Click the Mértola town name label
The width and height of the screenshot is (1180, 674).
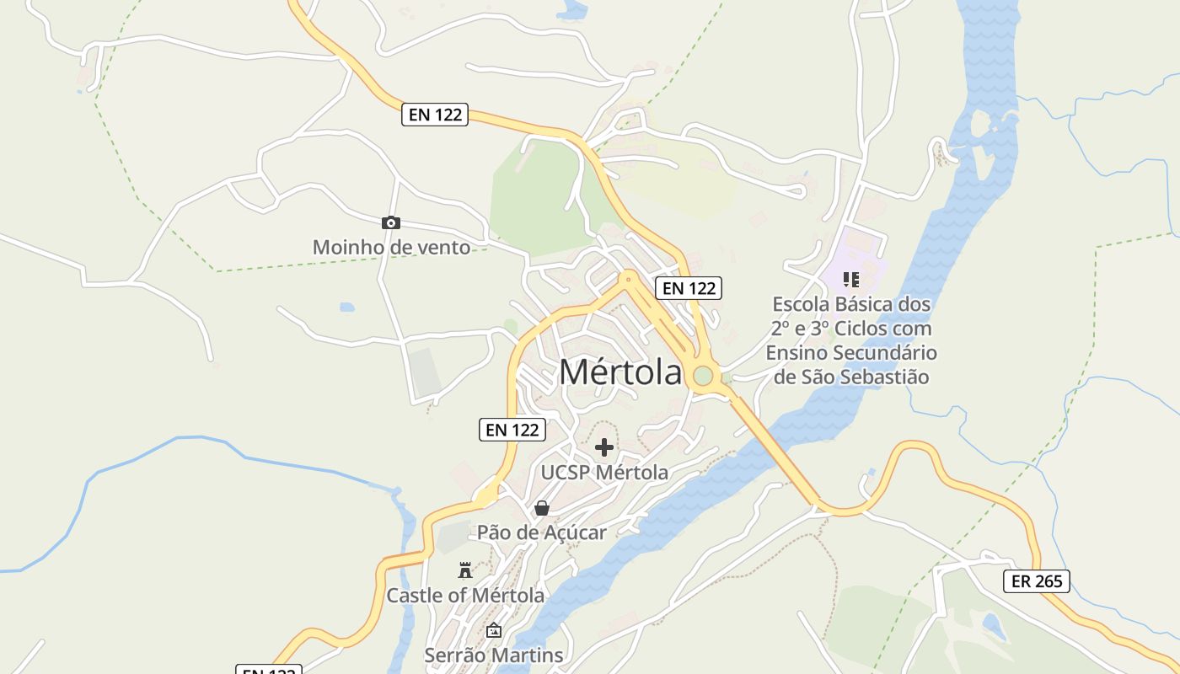point(619,372)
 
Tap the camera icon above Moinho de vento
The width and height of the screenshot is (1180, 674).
point(390,223)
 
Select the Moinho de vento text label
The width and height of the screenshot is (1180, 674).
point(391,248)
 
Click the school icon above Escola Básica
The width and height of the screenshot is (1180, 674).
point(851,279)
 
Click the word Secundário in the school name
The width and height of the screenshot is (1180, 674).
point(886,352)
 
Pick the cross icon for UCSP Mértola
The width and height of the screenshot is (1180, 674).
point(604,447)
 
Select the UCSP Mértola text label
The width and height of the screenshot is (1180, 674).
point(604,473)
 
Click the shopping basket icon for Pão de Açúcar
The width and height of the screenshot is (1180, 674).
point(542,508)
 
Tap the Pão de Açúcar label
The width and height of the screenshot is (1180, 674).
point(542,532)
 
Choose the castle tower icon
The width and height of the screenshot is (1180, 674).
point(464,570)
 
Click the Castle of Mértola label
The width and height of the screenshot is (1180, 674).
point(465,596)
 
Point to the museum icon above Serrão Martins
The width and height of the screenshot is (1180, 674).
point(494,630)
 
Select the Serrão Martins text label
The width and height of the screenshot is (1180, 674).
point(494,655)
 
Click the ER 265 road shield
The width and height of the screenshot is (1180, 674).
point(1037,580)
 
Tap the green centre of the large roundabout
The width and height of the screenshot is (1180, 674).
point(703,376)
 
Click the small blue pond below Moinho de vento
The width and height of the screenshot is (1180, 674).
point(347,308)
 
